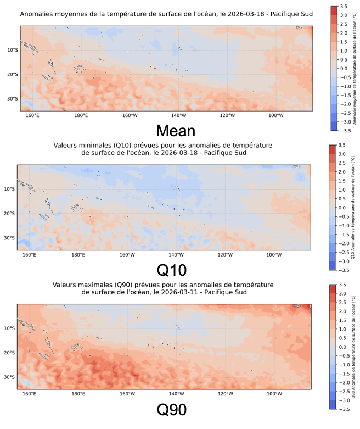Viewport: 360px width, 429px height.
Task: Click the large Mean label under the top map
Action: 175,131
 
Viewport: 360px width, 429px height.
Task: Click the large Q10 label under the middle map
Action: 171,270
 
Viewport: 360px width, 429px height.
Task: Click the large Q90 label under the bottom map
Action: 171,410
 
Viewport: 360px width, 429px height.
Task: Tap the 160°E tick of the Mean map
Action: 32,115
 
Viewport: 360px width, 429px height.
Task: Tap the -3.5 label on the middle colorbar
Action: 342,270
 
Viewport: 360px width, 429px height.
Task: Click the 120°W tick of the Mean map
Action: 227,115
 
